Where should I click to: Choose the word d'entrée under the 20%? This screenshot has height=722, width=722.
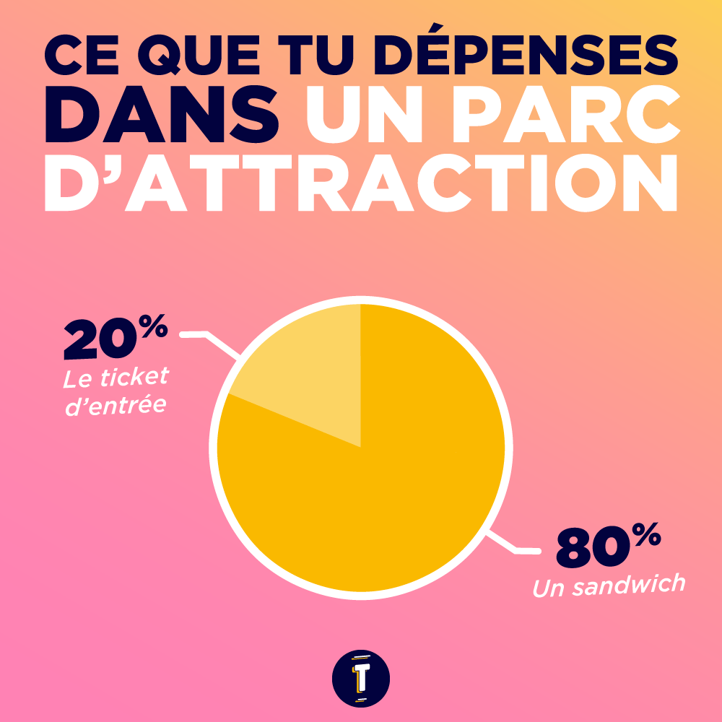[116, 404]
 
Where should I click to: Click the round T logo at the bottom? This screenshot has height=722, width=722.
[361, 679]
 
